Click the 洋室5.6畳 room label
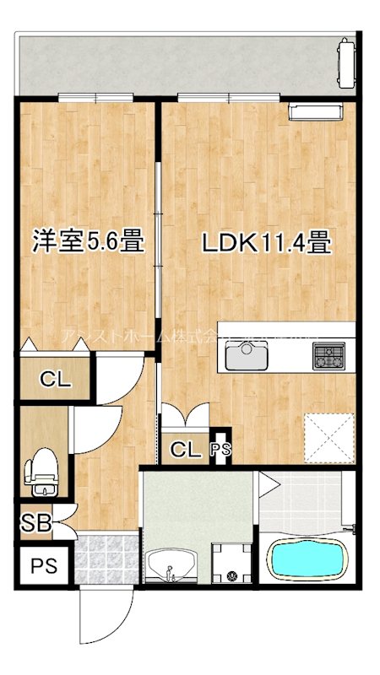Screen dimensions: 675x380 click(x=87, y=242)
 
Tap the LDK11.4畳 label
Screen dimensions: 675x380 click(x=264, y=243)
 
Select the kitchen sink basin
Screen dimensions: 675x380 click(x=246, y=357)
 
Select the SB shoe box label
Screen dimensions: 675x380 click(x=35, y=523)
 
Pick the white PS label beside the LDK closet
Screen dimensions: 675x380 click(x=219, y=451)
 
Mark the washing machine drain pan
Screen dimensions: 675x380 click(x=231, y=562)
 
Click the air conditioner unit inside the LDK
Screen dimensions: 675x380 click(x=314, y=111)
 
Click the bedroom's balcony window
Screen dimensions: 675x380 click(x=95, y=96)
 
